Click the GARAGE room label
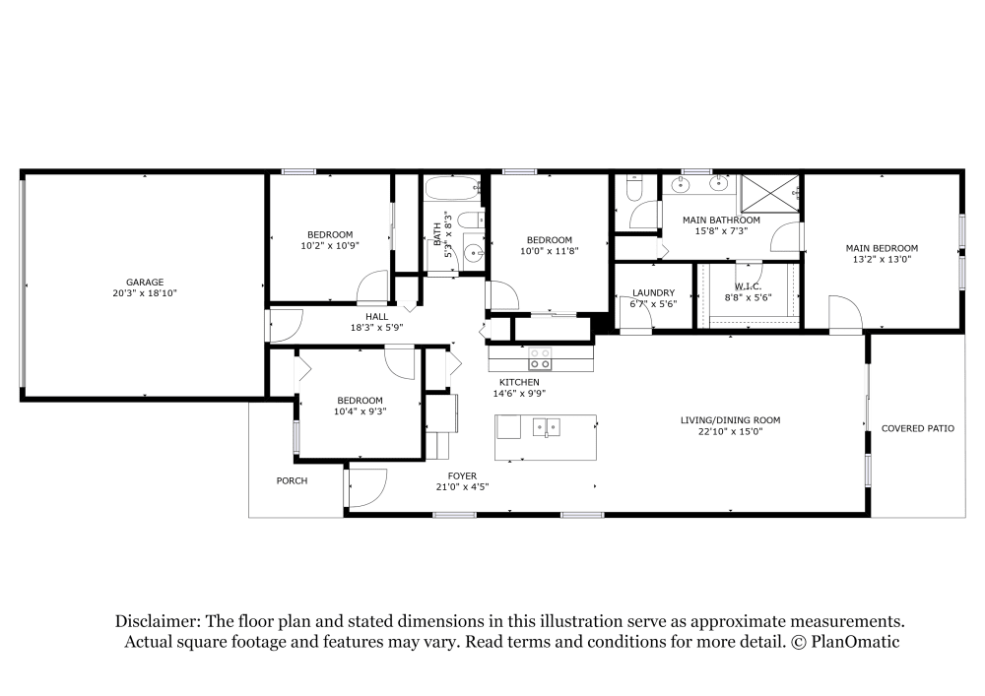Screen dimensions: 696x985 coord(144,282)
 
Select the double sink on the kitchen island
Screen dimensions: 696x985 coord(546,427)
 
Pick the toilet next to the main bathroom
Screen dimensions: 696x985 coord(633,187)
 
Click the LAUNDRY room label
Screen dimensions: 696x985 coord(653,292)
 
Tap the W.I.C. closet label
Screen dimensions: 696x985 coord(748,286)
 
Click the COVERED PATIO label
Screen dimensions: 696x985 coord(917,428)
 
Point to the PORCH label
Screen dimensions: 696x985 coord(292,481)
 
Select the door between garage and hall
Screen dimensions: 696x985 coord(283,325)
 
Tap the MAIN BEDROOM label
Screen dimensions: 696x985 coord(882,248)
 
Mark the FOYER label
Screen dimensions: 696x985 coord(462,475)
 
